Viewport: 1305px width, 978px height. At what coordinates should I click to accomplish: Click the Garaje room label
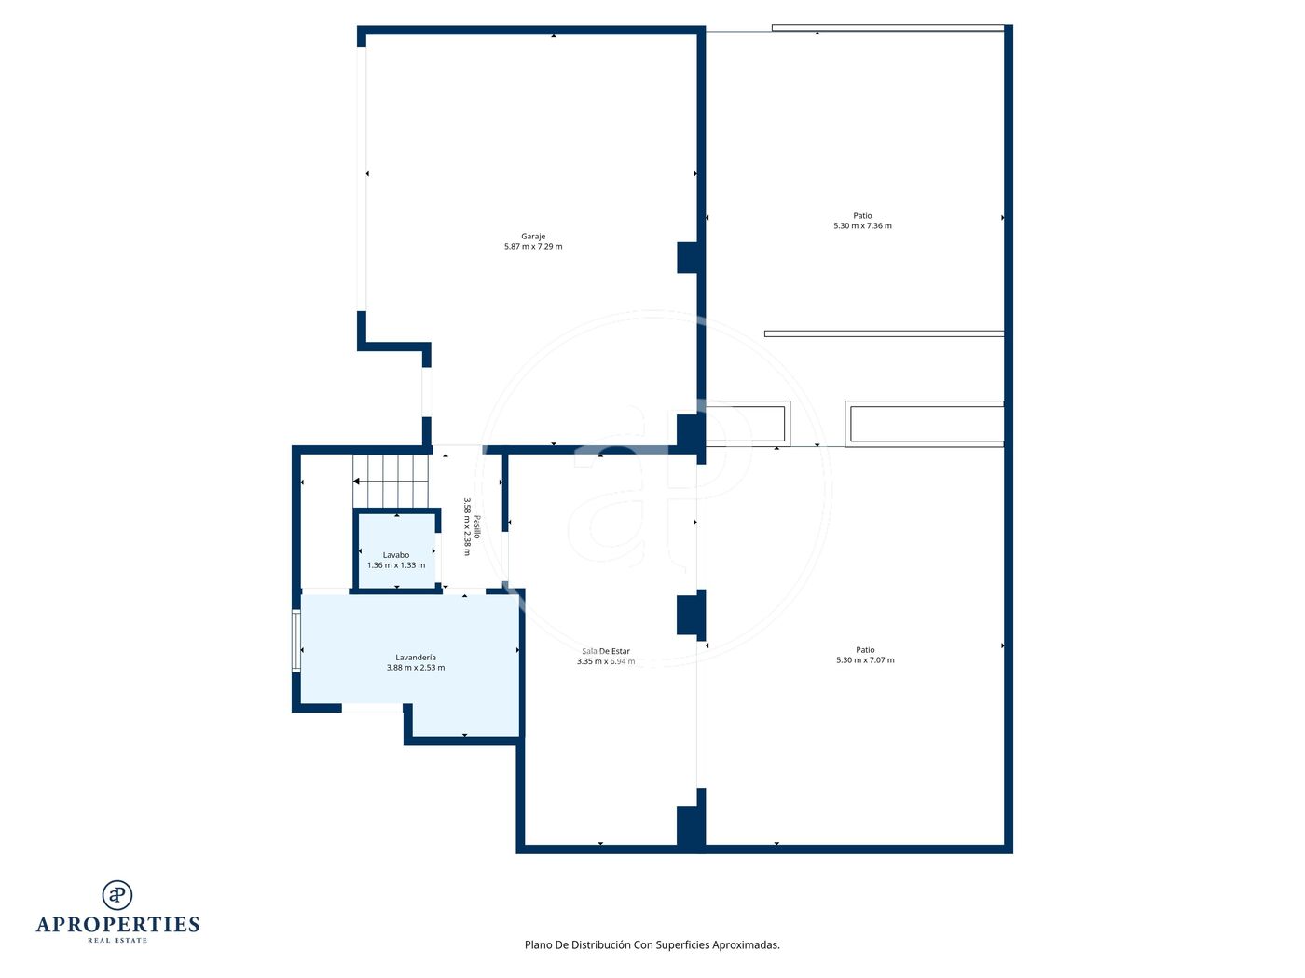point(532,237)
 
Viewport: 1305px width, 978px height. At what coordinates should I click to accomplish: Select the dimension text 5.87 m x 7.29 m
point(532,247)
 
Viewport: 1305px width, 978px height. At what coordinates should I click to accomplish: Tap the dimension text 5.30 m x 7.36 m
point(862,225)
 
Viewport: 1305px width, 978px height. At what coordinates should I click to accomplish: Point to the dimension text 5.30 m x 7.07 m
point(865,659)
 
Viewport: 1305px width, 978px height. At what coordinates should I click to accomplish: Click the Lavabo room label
point(396,555)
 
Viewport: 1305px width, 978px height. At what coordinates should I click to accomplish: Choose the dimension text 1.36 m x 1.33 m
point(396,565)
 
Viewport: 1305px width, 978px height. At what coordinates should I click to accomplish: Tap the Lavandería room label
point(416,658)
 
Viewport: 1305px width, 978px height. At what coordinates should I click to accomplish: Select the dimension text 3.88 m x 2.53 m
point(416,668)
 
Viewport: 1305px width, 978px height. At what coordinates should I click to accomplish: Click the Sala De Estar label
point(605,651)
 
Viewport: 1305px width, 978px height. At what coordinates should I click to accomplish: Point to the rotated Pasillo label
point(477,526)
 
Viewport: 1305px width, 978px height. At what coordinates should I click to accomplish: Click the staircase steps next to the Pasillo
point(391,481)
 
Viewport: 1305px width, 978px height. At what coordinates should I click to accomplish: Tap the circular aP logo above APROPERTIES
point(117,895)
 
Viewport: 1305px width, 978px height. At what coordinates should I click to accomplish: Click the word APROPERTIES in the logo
point(117,925)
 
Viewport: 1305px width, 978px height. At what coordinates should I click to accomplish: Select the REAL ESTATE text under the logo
point(117,941)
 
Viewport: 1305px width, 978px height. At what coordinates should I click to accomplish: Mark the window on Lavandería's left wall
point(295,642)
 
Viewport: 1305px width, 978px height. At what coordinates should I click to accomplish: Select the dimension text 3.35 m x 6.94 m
point(605,661)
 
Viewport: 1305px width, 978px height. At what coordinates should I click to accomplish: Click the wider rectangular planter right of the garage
point(924,424)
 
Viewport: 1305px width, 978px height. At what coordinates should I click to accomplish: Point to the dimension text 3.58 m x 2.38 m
point(467,526)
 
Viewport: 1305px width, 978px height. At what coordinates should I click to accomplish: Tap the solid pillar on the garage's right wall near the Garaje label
point(687,258)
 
